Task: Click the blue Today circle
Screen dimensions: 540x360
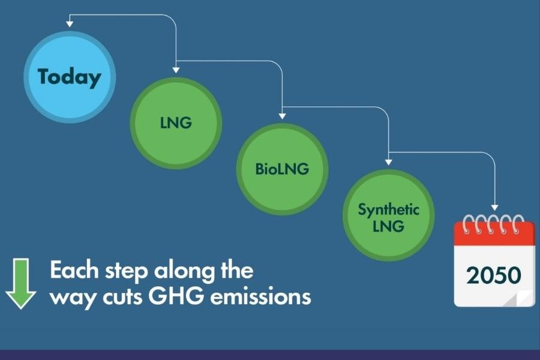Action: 70,77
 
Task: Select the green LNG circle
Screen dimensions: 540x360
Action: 176,123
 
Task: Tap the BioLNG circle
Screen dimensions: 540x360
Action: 282,169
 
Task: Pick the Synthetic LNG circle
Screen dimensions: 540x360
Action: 388,215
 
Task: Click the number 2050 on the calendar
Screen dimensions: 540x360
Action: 494,275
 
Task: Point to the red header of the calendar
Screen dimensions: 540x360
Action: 494,233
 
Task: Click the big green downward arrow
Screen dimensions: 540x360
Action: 20,284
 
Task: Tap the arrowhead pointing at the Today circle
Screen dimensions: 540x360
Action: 70,24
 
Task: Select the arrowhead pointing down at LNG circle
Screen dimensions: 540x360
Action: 176,70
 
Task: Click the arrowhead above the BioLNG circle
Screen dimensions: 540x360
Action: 282,116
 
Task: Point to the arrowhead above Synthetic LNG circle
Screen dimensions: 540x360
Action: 388,162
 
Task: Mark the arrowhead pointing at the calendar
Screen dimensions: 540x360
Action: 494,208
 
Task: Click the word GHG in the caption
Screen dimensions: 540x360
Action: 176,296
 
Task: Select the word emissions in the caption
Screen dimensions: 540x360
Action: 261,296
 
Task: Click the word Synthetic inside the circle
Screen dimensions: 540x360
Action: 388,209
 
